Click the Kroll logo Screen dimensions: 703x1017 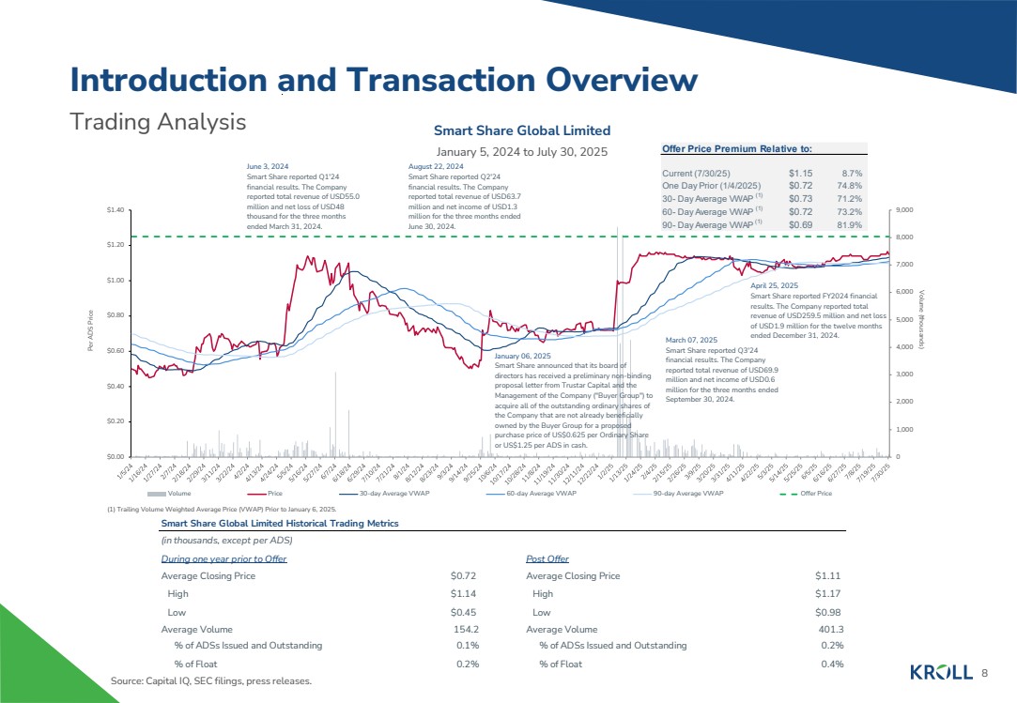942,672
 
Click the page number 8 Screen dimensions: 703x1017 985,673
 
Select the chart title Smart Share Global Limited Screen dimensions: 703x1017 521,130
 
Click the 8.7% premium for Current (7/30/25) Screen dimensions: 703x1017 852,174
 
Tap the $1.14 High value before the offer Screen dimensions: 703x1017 466,593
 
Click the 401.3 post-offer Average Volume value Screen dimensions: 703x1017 830,629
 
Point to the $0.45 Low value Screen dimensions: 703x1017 466,611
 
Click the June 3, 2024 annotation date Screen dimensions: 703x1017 268,165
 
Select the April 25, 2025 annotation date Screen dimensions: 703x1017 775,284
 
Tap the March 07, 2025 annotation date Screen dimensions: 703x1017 691,339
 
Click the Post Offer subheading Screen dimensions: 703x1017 547,558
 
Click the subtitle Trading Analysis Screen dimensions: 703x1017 158,122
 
